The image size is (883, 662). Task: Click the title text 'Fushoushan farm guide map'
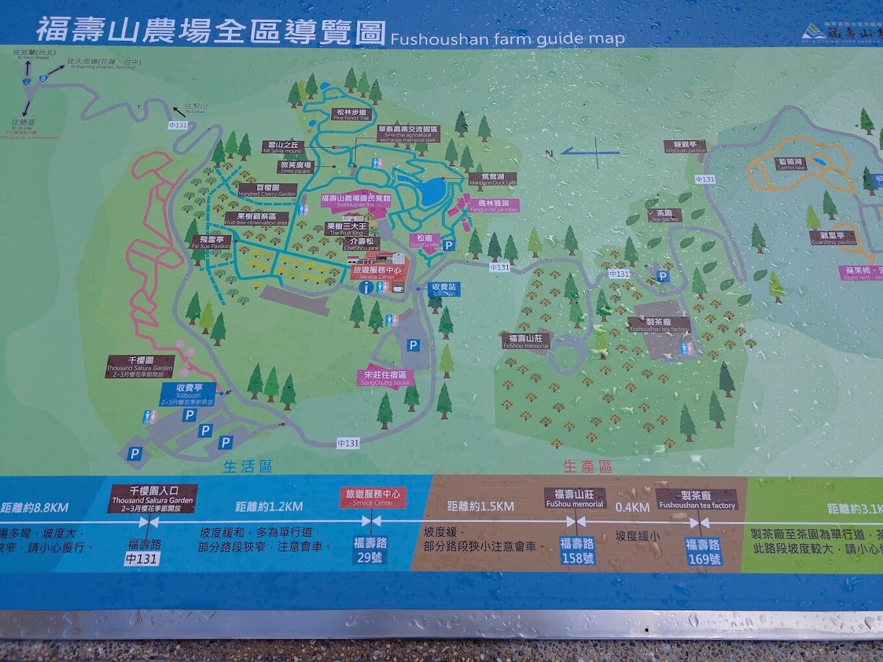tap(507, 38)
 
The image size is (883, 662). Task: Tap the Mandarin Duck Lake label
tap(493, 179)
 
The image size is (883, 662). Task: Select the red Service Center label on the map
tap(377, 272)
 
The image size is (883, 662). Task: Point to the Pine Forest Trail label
tap(351, 115)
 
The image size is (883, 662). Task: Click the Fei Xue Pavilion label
tap(211, 243)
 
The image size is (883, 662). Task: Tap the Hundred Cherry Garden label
tap(267, 190)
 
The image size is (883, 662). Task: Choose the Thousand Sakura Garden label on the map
tap(140, 367)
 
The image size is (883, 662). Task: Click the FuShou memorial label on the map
tap(526, 341)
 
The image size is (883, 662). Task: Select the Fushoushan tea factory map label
tap(659, 325)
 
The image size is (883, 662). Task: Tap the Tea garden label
tap(664, 215)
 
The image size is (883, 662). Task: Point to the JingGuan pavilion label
tap(685, 147)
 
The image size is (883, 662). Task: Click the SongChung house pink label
tap(386, 378)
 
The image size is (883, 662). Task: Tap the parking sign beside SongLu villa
tap(448, 247)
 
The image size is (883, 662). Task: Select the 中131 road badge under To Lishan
tap(177, 125)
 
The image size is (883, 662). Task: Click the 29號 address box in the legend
tap(369, 557)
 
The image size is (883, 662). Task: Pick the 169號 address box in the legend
tap(704, 558)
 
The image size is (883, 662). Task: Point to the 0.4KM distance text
tap(632, 507)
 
